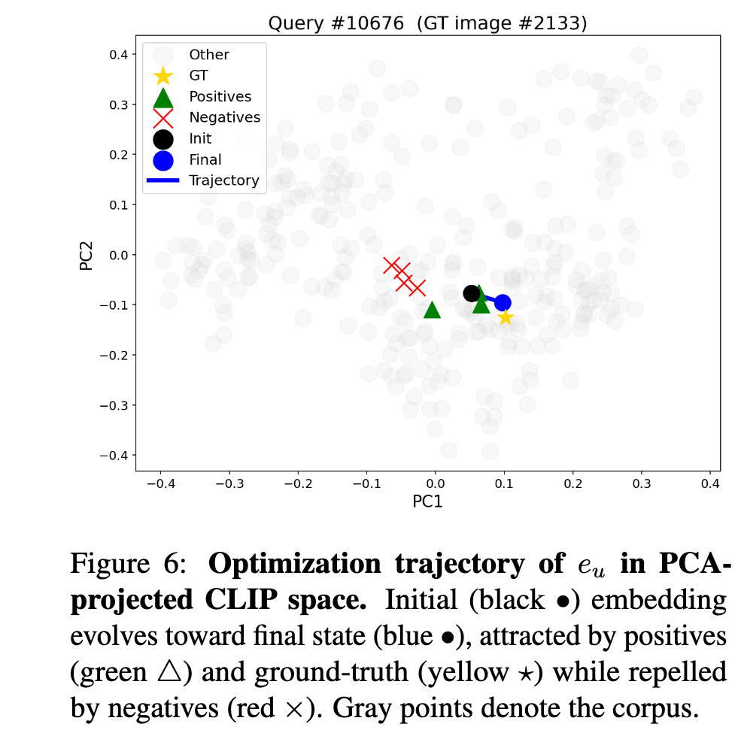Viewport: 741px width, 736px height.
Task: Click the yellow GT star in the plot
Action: [506, 317]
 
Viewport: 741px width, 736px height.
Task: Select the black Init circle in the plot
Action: [472, 293]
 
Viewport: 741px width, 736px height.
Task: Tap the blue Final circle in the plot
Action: [503, 303]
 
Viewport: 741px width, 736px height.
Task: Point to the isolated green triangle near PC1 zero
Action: [432, 310]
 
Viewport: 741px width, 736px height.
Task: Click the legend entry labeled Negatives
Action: [224, 117]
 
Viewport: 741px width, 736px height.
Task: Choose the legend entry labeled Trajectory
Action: [223, 180]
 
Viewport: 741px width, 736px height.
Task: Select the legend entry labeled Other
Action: [208, 54]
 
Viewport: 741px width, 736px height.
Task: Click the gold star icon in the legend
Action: [163, 76]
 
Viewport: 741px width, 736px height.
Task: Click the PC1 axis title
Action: [427, 501]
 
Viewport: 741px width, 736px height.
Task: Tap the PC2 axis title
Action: [87, 254]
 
